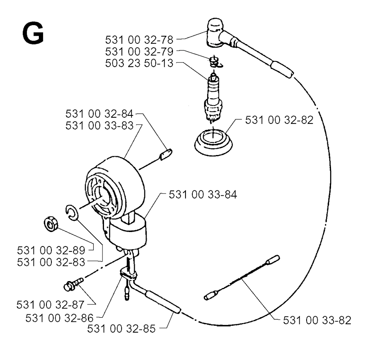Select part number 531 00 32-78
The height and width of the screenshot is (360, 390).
[x=139, y=40]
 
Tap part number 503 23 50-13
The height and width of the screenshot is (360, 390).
[x=139, y=63]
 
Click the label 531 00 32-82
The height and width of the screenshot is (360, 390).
[x=279, y=120]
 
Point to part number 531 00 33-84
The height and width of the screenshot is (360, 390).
[x=203, y=195]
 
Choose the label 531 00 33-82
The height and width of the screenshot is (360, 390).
[x=317, y=320]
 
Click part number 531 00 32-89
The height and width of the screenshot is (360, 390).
[x=51, y=250]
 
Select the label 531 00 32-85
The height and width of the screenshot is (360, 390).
[x=121, y=329]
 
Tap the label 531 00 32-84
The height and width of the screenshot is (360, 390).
[x=99, y=114]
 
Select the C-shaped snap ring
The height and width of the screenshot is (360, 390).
[x=72, y=213]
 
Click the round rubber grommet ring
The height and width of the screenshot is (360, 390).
[x=213, y=143]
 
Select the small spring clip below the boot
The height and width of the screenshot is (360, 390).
[x=216, y=62]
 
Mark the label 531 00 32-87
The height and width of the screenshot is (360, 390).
[x=51, y=305]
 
